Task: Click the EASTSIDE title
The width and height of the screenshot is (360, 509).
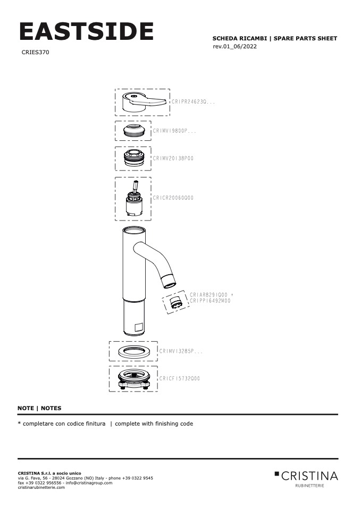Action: tap(86, 32)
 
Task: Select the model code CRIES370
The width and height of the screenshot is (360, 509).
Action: tap(36, 53)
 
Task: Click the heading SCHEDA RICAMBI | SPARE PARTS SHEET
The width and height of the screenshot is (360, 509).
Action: tap(274, 39)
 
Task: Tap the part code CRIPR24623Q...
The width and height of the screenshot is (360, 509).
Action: tap(193, 101)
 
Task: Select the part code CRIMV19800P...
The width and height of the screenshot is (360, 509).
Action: tap(174, 130)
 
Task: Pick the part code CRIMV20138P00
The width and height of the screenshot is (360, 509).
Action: tap(173, 158)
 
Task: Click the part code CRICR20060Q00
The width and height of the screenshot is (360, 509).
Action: tap(173, 198)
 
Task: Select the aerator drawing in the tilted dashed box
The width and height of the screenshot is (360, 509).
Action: tap(175, 304)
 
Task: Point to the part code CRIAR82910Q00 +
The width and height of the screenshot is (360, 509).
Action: tap(212, 294)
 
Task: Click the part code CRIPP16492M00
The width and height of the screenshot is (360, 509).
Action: tap(210, 301)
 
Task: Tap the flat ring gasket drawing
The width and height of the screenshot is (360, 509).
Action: tap(133, 351)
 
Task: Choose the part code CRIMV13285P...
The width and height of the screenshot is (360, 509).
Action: tap(181, 351)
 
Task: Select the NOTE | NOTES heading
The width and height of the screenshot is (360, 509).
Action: tap(39, 408)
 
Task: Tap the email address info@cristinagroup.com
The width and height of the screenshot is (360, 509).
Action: tap(89, 483)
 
